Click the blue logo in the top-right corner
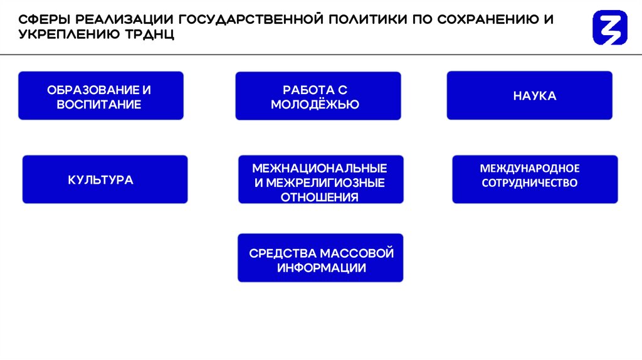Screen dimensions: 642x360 [x=609, y=28]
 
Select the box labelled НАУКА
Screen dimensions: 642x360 [x=529, y=96]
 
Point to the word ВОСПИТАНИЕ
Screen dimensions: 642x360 [x=99, y=104]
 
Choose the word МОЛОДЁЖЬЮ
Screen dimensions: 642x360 [x=315, y=105]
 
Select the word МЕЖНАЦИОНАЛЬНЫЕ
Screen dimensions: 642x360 [x=320, y=169]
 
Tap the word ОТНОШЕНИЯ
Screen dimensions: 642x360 [x=320, y=197]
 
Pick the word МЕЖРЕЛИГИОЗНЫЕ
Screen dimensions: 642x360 [x=326, y=183]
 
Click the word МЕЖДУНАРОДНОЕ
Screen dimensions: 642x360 [x=530, y=169]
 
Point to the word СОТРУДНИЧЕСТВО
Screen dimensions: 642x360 [x=530, y=183]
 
